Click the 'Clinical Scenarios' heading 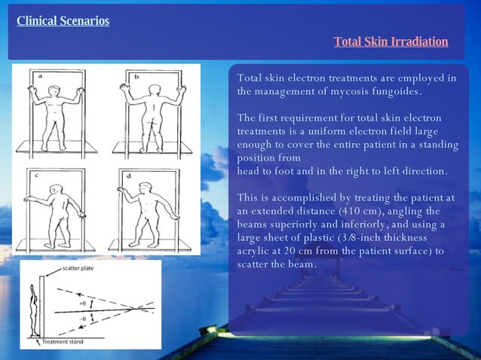point(63,20)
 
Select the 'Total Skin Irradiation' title point(391,41)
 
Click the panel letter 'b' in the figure point(136,77)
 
